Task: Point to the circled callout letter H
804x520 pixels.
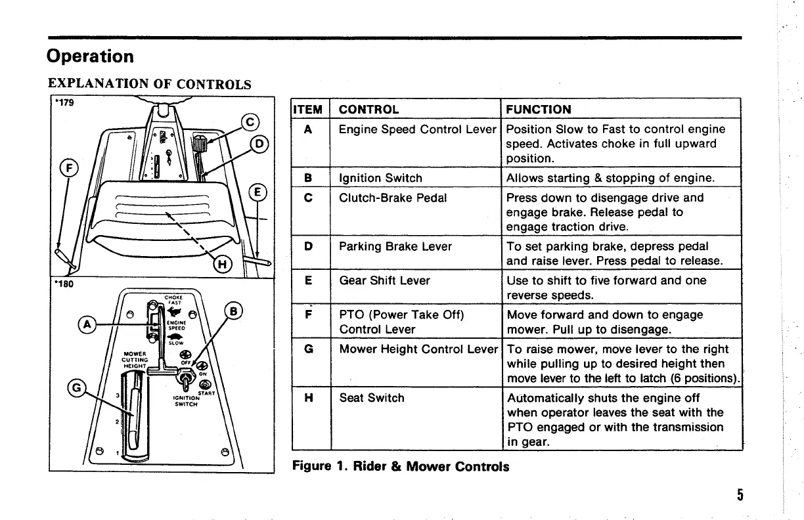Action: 224,265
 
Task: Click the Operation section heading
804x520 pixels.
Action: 90,56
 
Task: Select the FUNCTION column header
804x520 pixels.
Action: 539,109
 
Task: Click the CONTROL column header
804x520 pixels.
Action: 368,109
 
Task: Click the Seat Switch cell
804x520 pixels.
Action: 371,398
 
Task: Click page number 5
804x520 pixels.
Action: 740,494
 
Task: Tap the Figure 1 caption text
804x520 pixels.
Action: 400,467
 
